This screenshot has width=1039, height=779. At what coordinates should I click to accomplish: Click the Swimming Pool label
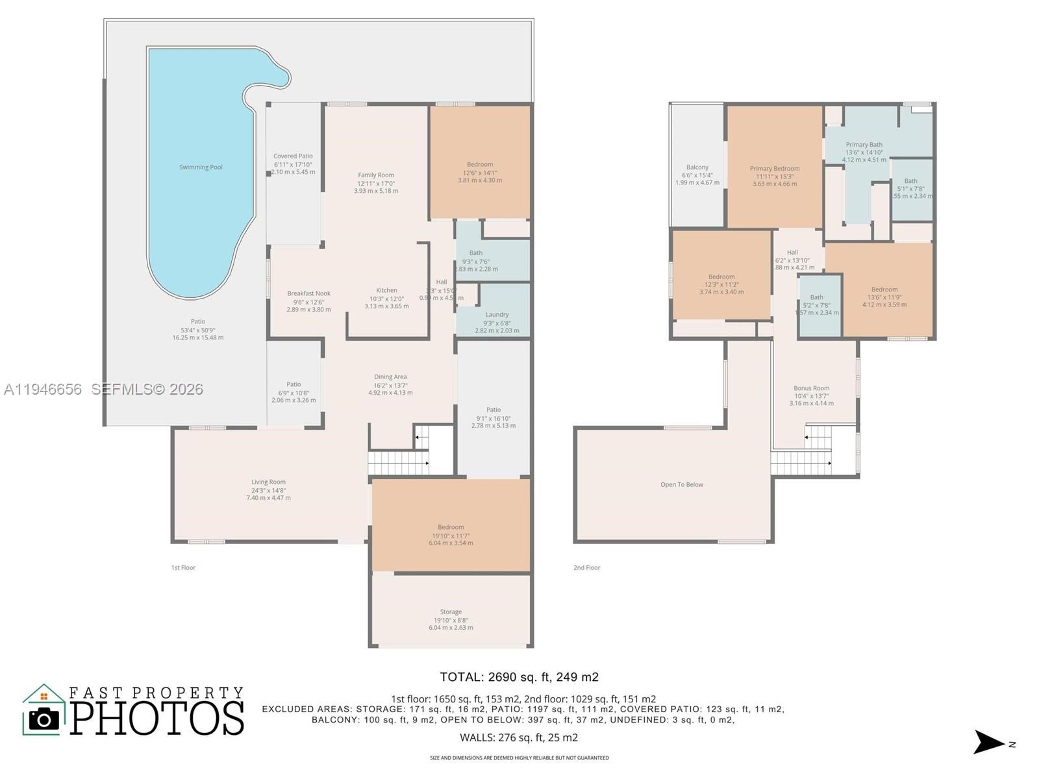(x=201, y=167)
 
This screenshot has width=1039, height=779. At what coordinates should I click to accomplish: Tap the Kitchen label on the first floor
(x=386, y=291)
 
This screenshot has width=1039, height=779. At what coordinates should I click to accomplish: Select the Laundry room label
(x=497, y=315)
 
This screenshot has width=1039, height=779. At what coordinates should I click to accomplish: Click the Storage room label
(x=451, y=612)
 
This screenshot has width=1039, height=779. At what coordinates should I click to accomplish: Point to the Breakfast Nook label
(x=308, y=294)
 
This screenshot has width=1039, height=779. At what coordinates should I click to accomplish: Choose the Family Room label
(x=376, y=175)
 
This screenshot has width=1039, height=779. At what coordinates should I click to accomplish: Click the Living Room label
(x=268, y=482)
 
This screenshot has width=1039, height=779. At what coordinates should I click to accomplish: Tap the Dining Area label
(x=390, y=377)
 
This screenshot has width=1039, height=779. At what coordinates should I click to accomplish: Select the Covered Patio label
(x=293, y=156)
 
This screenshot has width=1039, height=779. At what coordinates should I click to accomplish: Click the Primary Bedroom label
(x=774, y=169)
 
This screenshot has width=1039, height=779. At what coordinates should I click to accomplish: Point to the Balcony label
(x=697, y=167)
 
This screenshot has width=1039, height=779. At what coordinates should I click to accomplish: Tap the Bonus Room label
(x=811, y=388)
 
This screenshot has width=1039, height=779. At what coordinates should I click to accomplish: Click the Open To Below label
(x=682, y=485)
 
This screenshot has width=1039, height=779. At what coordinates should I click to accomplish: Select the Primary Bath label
(x=864, y=145)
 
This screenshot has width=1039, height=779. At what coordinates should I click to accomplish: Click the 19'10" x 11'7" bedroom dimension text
(x=451, y=536)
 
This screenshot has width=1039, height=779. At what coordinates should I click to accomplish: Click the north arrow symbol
(x=989, y=743)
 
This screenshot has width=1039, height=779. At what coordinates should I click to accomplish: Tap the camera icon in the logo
(x=44, y=719)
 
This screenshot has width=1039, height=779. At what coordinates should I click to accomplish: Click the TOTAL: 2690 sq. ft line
(x=519, y=677)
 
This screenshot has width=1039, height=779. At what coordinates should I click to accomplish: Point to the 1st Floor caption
(x=183, y=568)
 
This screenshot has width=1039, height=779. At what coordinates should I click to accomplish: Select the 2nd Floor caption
(x=586, y=568)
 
